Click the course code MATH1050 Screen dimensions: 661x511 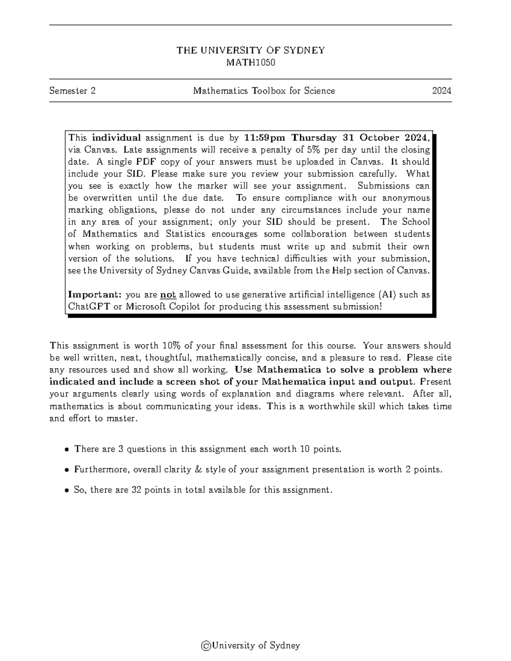pyautogui.click(x=250, y=63)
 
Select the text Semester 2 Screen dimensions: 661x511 pyautogui.click(x=72, y=91)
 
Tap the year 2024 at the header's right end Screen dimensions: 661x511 pyautogui.click(x=442, y=91)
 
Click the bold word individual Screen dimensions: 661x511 pyautogui.click(x=116, y=137)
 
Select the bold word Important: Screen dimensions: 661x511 pyautogui.click(x=95, y=295)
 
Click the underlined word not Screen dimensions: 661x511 pyautogui.click(x=168, y=295)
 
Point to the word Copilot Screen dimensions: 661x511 pyautogui.click(x=184, y=306)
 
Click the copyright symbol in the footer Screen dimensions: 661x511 pyautogui.click(x=206, y=645)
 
